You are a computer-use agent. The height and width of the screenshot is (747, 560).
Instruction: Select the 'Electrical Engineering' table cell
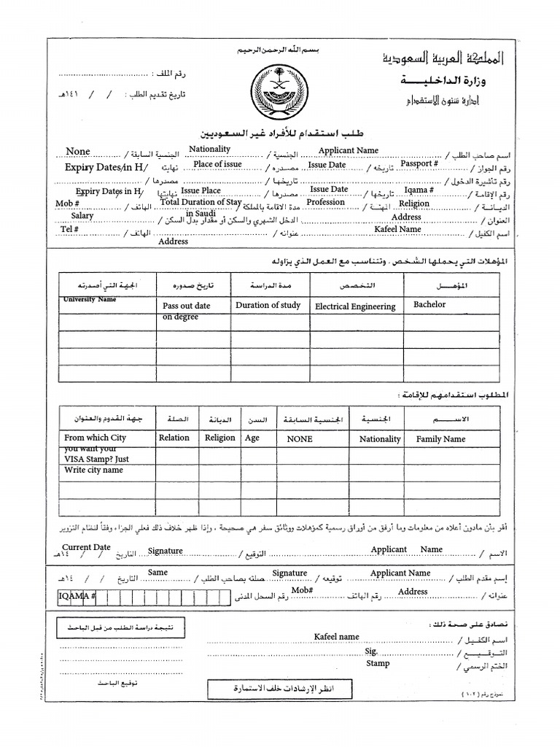click(355, 307)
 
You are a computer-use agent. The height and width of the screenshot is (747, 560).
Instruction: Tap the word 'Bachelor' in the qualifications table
click(429, 304)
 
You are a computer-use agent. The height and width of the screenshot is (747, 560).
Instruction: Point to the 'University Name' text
click(90, 300)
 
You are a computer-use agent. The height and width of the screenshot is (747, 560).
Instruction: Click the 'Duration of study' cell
click(268, 306)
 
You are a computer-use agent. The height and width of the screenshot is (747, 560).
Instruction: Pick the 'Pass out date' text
click(186, 306)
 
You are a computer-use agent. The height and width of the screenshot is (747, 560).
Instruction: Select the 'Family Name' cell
click(440, 439)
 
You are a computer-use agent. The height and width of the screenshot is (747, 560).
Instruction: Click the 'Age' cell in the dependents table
click(252, 438)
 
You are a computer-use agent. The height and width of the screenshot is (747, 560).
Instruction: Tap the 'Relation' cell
click(174, 438)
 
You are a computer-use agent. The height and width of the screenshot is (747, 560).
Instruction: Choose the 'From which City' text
click(95, 438)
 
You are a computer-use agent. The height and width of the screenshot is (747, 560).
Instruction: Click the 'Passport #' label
click(419, 164)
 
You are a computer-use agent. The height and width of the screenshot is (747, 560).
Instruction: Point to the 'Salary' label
click(82, 216)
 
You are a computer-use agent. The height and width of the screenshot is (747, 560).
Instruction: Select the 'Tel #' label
click(69, 229)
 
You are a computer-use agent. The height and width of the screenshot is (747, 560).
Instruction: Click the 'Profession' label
click(325, 203)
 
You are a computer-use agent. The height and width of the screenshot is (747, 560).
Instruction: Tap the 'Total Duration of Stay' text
click(201, 202)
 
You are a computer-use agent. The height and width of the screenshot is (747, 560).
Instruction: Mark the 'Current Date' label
click(86, 547)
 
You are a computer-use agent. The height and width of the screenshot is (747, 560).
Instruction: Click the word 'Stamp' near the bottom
click(378, 663)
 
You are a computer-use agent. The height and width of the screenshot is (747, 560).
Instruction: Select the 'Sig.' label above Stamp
click(371, 650)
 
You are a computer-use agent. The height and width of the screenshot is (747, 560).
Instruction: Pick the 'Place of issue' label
click(217, 165)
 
